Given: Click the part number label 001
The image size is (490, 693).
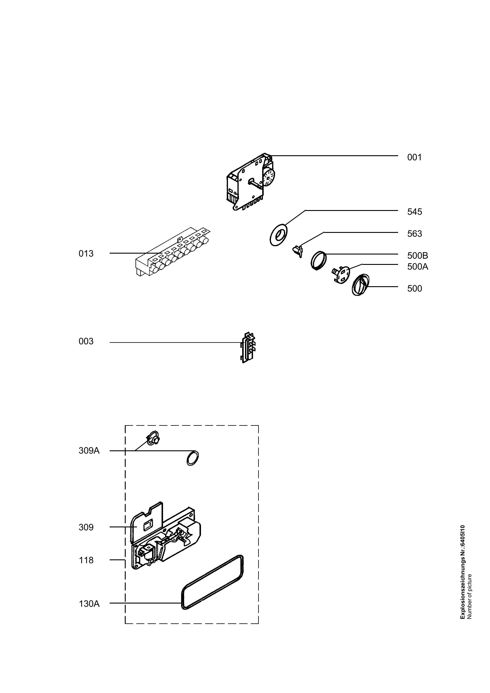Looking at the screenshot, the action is pyautogui.click(x=414, y=157).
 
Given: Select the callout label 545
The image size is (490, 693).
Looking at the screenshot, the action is pyautogui.click(x=414, y=212).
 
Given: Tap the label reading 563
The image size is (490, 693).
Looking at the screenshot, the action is pyautogui.click(x=414, y=233).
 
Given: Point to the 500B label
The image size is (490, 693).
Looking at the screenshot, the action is pyautogui.click(x=418, y=256).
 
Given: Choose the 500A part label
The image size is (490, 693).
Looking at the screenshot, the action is pyautogui.click(x=418, y=267).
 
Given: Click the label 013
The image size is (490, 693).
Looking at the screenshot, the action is pyautogui.click(x=86, y=254).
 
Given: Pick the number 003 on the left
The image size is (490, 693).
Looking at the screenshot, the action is pyautogui.click(x=86, y=341).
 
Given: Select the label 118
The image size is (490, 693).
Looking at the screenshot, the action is pyautogui.click(x=86, y=560).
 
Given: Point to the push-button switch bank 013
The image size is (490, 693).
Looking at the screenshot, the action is pyautogui.click(x=173, y=252).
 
